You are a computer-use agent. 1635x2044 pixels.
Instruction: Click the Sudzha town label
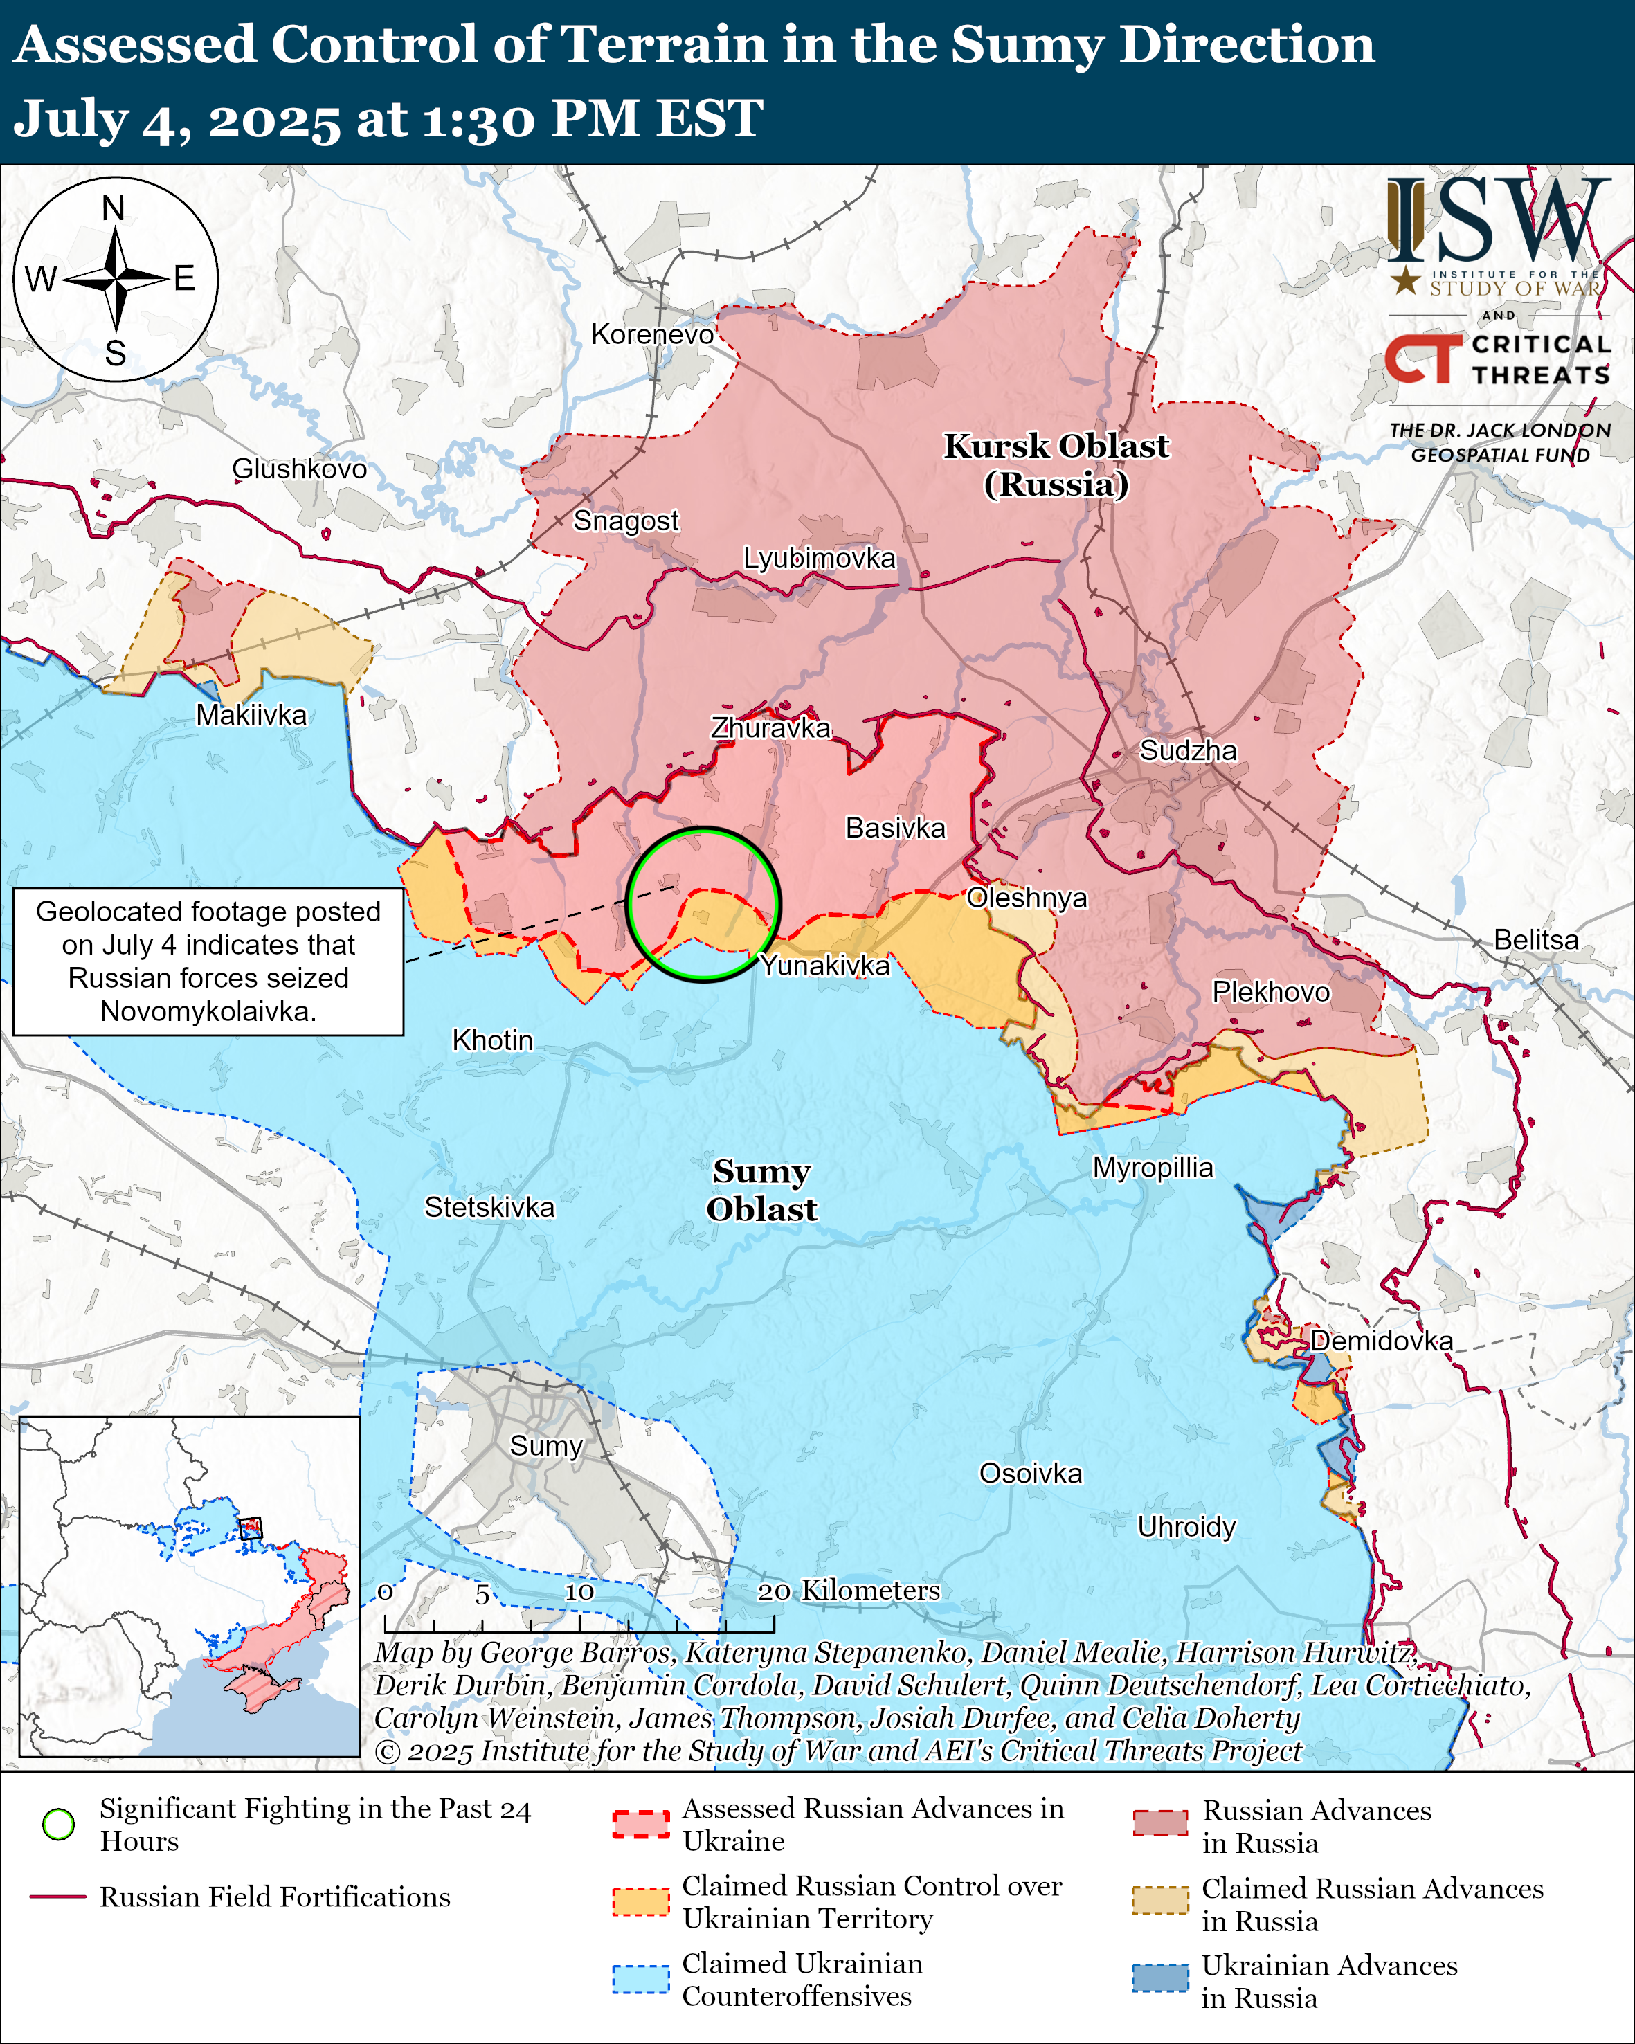1188,751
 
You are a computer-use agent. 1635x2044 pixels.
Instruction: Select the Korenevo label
652,334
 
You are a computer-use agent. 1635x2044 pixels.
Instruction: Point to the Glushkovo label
300,469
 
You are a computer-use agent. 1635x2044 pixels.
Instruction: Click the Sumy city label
546,1446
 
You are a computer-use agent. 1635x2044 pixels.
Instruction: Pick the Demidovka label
1381,1341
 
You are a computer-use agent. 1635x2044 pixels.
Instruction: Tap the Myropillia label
1153,1168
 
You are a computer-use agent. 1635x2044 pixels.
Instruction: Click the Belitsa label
1537,939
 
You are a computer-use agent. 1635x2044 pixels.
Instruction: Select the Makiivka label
251,715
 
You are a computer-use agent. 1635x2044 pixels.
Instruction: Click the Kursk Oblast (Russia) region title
1056,464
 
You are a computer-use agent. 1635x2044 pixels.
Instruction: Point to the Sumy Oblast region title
761,1190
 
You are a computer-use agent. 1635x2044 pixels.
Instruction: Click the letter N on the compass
114,208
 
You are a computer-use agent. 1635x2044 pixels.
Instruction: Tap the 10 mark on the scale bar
579,1592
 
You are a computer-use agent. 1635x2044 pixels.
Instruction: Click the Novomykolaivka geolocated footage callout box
208,961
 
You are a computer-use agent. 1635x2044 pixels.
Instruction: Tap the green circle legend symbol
59,1824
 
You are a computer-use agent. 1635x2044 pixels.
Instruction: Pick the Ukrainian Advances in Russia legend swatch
1160,1978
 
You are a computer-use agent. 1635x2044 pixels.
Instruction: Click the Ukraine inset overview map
190,1586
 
